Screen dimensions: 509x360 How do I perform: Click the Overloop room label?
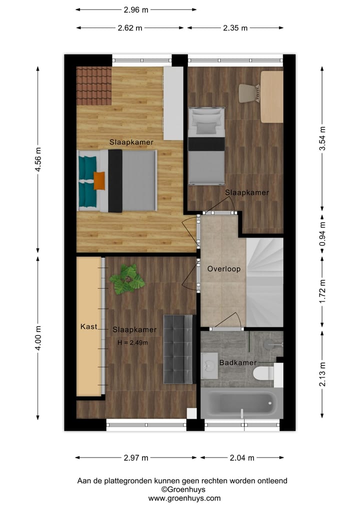(224, 269)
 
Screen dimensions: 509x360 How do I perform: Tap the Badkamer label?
(238, 362)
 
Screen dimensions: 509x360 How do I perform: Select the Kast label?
(88, 327)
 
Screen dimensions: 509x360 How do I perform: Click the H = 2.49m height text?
(132, 342)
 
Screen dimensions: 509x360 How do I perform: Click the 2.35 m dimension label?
(235, 28)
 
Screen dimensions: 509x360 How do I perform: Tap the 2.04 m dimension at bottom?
(242, 457)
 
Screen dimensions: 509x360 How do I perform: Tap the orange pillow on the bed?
(99, 180)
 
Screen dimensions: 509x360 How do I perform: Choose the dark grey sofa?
(178, 349)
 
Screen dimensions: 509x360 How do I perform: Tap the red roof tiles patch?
(94, 86)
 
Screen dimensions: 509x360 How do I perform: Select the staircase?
(264, 282)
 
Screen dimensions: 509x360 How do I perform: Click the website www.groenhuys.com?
(184, 498)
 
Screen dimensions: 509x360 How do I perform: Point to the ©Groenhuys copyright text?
(183, 489)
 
